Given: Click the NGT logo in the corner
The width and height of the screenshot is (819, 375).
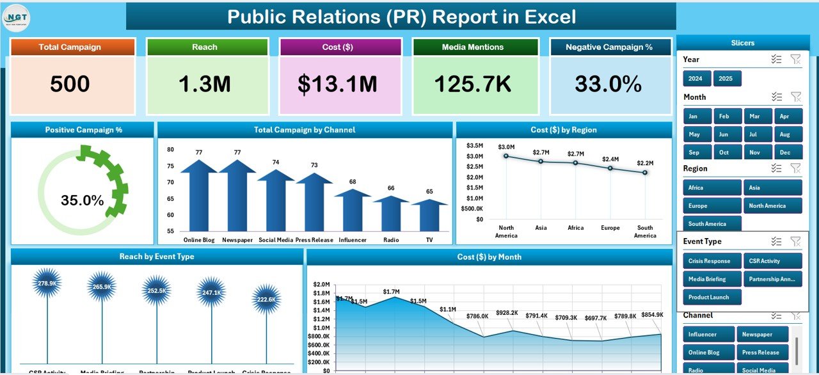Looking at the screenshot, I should (x=17, y=17).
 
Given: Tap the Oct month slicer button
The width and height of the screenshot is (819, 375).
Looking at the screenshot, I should (x=724, y=153).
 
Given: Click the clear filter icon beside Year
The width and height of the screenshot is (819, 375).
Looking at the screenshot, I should (x=795, y=60).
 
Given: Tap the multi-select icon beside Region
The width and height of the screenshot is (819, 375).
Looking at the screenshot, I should (x=776, y=168).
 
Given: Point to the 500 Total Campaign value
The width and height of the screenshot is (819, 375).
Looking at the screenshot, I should (x=70, y=84).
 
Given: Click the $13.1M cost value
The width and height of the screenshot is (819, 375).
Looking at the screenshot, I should (x=340, y=84).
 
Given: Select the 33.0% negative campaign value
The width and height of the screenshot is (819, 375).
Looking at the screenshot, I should (x=608, y=84).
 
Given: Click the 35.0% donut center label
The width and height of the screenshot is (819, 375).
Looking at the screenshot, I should (x=83, y=200).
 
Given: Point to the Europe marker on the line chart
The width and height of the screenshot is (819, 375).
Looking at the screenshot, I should (x=610, y=168).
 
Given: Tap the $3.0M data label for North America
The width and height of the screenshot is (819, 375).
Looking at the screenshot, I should (x=505, y=147).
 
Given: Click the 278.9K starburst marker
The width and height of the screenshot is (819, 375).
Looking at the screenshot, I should (x=47, y=283).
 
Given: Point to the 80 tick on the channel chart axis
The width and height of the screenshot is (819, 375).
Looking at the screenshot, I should (x=170, y=150).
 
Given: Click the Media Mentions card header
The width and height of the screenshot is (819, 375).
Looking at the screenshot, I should (x=472, y=47).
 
